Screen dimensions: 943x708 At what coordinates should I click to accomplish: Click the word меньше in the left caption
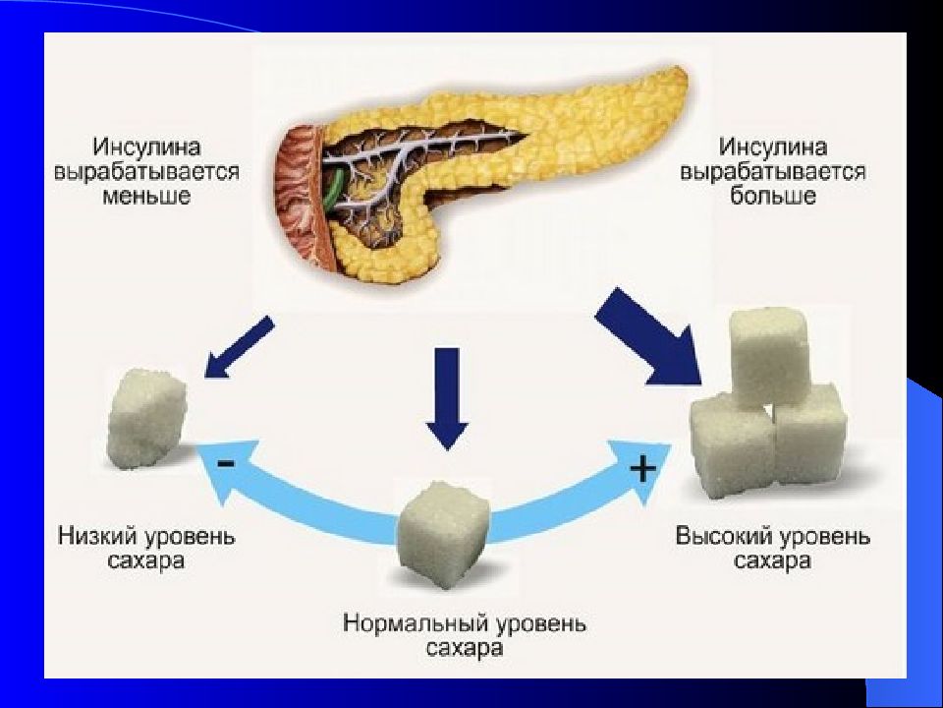coord(146,197)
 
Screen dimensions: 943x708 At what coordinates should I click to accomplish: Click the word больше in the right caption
coord(773,197)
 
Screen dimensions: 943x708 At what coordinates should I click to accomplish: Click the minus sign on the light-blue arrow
coord(226,463)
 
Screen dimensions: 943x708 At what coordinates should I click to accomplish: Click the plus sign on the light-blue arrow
coord(642,467)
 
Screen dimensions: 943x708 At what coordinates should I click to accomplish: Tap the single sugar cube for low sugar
coord(146,420)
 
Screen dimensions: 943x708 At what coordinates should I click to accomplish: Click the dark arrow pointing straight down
coord(447,398)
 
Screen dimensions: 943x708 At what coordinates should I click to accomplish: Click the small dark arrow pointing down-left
coord(239,347)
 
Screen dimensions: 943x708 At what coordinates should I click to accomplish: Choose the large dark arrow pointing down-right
coord(649,336)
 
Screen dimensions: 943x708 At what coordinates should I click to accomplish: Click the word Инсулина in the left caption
coord(146,147)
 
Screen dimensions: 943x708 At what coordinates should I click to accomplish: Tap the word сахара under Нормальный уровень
coord(465,648)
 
